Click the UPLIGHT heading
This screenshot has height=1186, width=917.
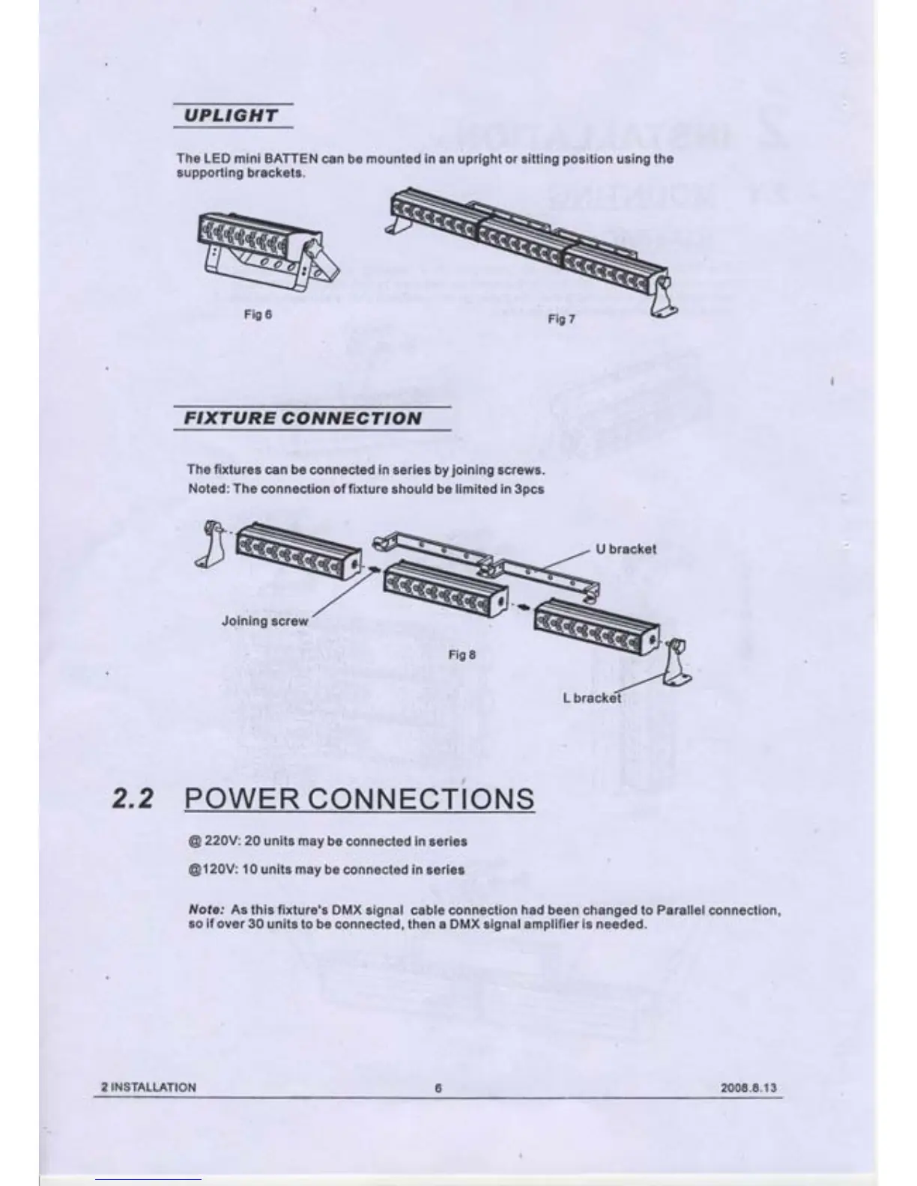tap(231, 116)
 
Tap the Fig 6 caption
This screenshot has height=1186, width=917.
tap(258, 314)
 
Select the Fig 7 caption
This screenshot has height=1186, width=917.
tap(561, 320)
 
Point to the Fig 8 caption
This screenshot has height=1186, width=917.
tap(461, 655)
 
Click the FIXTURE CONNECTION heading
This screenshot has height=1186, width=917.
tap(303, 419)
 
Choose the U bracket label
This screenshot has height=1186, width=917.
tap(626, 549)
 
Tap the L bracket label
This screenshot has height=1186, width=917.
tap(592, 698)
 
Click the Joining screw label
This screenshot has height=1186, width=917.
tap(264, 621)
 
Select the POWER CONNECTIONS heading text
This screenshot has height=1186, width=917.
tap(359, 799)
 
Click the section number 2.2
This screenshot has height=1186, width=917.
tap(133, 799)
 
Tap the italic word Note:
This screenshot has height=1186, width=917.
tap(207, 910)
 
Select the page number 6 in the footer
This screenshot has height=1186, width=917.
tap(438, 1088)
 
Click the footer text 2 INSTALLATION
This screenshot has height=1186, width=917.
tap(148, 1088)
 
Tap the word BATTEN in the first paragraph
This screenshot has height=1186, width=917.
tap(291, 159)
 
